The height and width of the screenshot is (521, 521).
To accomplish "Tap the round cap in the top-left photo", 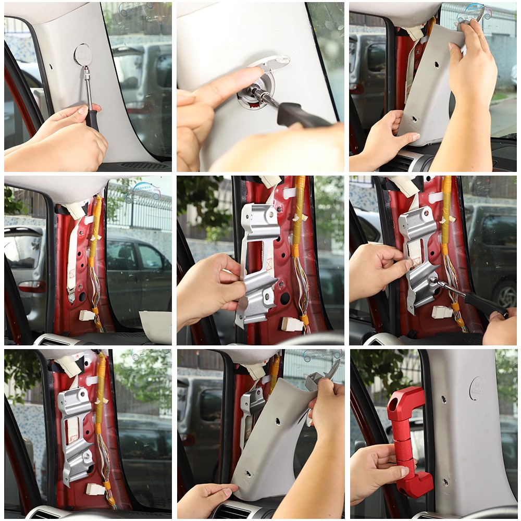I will (82, 54).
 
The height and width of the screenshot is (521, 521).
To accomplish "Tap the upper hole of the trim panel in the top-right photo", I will (436, 65).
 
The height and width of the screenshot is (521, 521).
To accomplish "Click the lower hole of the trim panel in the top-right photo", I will (414, 119).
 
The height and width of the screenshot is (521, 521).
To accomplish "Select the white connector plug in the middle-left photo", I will (86, 315).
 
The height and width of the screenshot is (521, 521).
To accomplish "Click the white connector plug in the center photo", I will (292, 324).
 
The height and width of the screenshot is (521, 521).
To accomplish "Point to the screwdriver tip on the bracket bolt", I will (433, 280).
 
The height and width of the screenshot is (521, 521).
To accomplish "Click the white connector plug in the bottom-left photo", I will (96, 489).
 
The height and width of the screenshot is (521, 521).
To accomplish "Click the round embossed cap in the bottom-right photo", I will (476, 388).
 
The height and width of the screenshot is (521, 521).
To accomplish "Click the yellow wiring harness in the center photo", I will (299, 219).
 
